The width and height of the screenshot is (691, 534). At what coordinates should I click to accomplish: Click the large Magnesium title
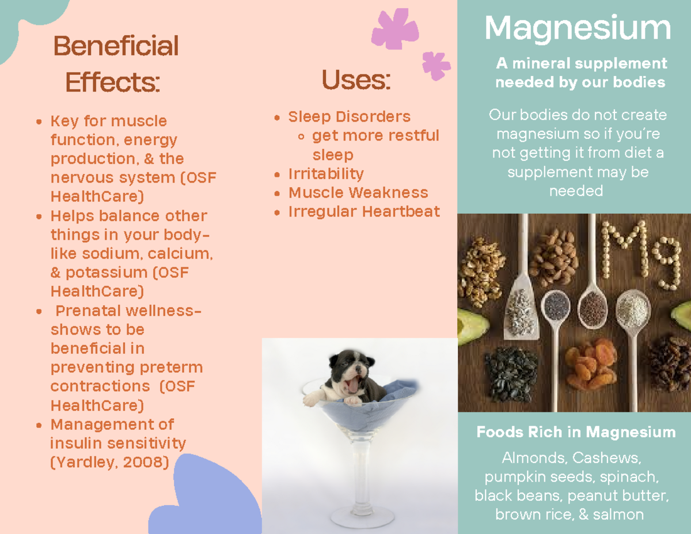point(578,28)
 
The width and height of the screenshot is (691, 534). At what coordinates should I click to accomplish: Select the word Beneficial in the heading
point(116,46)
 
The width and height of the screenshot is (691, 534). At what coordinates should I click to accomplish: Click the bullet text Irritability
point(326,174)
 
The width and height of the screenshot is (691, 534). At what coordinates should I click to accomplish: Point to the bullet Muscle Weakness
point(358,193)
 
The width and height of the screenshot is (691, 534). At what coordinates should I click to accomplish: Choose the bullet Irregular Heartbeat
point(364,212)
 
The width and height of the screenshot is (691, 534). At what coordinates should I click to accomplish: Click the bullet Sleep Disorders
point(349,117)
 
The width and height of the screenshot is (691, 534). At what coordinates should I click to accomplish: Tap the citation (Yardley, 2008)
point(110,462)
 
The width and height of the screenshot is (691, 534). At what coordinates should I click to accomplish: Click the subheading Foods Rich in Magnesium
point(576,432)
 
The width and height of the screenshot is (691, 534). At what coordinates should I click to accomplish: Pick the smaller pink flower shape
point(436,65)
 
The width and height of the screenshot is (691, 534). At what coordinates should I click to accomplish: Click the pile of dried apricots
point(591,363)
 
